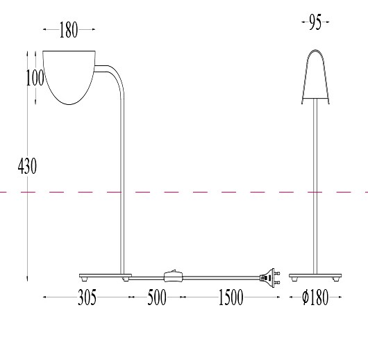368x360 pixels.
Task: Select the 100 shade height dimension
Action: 35,77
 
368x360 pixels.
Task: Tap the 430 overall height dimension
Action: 27,167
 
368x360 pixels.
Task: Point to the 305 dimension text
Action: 86,298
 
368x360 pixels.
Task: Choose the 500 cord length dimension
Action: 156,298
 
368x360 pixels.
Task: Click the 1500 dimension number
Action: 231,298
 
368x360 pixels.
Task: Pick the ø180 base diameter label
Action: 315,298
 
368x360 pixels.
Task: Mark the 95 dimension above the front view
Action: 315,24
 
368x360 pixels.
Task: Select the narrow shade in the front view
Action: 315,76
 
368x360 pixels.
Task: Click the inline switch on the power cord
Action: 173,275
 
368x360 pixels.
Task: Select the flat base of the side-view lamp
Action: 104,275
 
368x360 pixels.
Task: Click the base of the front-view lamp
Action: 315,275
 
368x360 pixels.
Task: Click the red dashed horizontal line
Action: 208,191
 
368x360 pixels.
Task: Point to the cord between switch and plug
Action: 222,277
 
